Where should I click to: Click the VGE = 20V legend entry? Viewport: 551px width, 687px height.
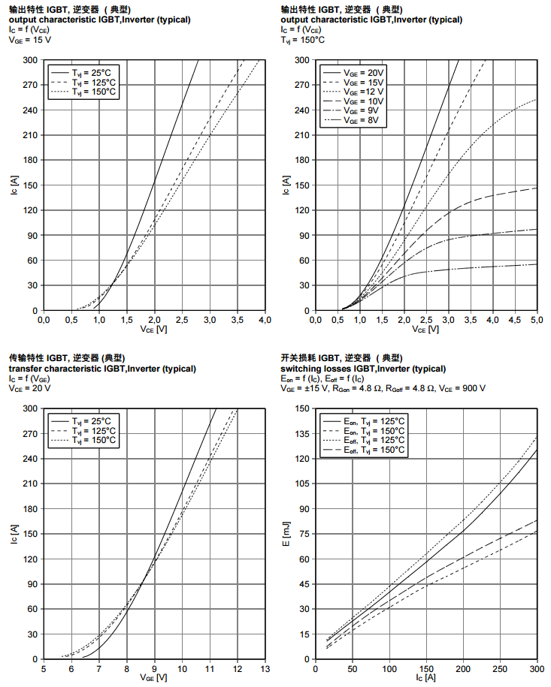(364, 72)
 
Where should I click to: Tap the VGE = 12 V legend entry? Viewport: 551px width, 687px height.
(364, 92)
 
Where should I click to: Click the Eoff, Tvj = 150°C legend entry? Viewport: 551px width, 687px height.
(374, 450)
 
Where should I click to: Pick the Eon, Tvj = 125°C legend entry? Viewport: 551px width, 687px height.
(374, 420)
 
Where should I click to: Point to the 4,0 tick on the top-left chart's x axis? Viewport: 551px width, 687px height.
(265, 320)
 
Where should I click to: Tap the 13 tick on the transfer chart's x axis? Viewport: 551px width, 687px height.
(265, 669)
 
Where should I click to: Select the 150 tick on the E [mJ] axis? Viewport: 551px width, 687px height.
(303, 408)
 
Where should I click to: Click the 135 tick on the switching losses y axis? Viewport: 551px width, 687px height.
(303, 433)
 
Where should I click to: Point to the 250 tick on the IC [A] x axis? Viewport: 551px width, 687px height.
(501, 669)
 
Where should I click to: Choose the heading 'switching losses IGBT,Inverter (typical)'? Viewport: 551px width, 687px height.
(362, 369)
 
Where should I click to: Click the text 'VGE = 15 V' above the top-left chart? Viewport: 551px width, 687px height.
(30, 41)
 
